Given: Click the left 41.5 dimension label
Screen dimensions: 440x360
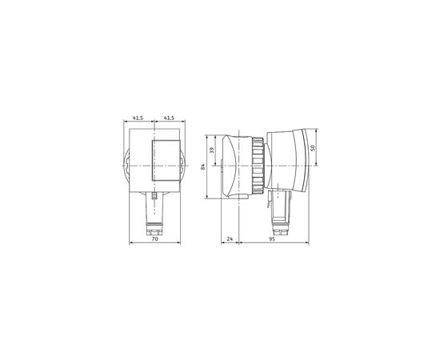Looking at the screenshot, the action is pyautogui.click(x=138, y=118).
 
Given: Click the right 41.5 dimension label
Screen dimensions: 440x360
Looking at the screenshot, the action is pyautogui.click(x=169, y=118).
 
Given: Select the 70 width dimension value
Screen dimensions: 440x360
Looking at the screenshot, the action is pyautogui.click(x=155, y=238).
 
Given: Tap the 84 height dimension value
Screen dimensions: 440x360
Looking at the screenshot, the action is pyautogui.click(x=203, y=166).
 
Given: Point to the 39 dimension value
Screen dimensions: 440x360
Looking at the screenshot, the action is pyautogui.click(x=212, y=150).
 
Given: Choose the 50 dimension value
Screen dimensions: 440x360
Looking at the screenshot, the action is pyautogui.click(x=313, y=147).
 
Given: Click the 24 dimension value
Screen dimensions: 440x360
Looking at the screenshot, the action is pyautogui.click(x=230, y=238).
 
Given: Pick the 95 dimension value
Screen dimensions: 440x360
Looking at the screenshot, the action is pyautogui.click(x=272, y=238).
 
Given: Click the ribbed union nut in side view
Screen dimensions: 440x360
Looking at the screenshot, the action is pyautogui.click(x=258, y=166).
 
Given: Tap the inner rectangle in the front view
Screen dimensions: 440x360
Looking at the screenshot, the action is pyautogui.click(x=166, y=160).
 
